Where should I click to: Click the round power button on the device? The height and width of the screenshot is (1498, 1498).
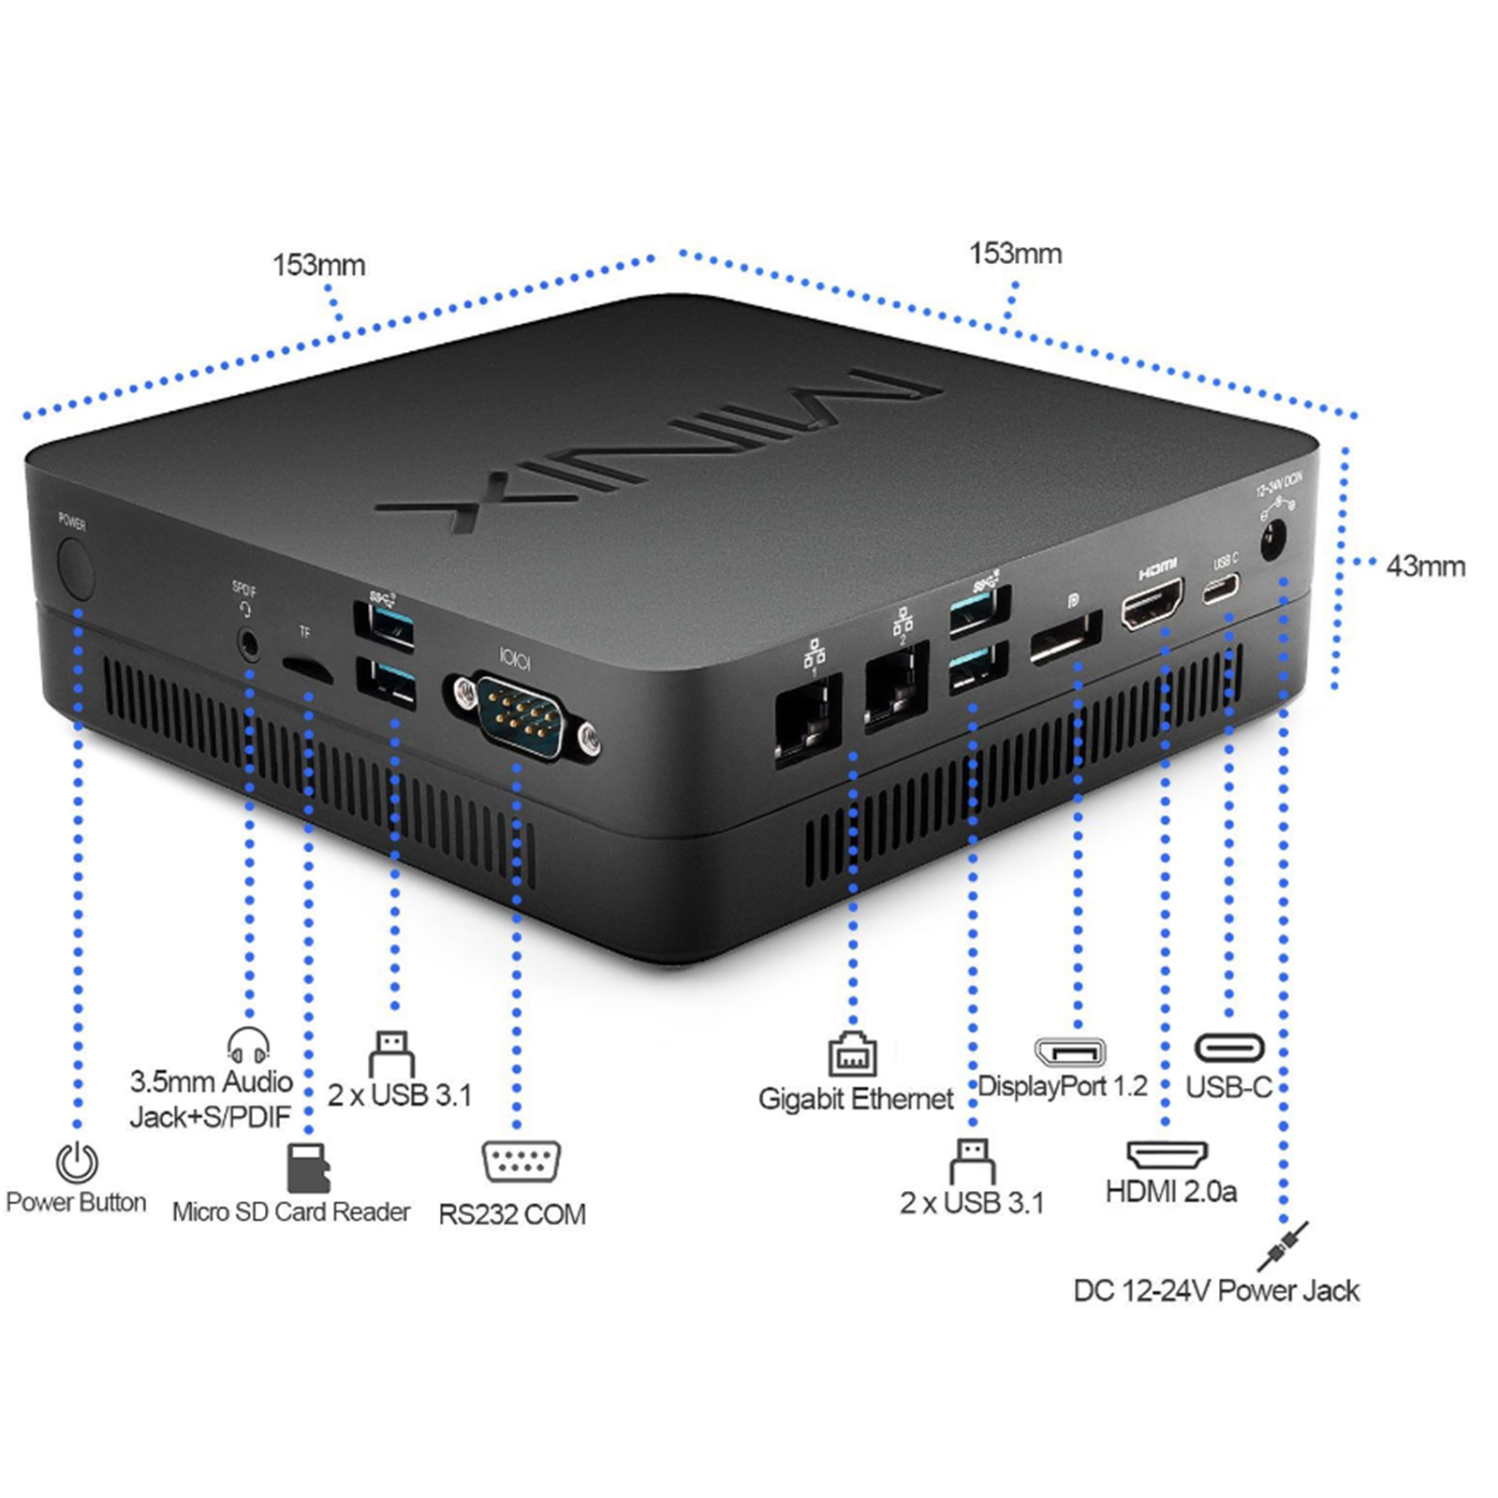[76, 571]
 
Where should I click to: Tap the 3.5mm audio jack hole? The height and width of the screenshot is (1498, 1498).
[249, 644]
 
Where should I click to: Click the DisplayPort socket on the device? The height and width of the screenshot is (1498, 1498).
[1065, 639]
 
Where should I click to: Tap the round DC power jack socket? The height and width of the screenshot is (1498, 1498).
[1272, 542]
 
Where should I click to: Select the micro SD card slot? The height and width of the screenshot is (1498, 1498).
[306, 669]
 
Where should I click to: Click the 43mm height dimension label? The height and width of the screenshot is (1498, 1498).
[1425, 566]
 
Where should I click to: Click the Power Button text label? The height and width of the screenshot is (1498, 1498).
[76, 1202]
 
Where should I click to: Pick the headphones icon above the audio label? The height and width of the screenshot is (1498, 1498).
[248, 1045]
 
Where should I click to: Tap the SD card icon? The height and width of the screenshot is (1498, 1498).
[307, 1167]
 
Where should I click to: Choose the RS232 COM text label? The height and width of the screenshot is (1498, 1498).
[512, 1214]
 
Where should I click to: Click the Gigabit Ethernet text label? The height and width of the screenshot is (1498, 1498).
[855, 1098]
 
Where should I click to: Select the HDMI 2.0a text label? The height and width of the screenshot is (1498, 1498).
[1170, 1192]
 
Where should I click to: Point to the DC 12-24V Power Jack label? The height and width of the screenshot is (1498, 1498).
[1215, 1291]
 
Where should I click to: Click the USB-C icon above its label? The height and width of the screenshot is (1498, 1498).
[1229, 1048]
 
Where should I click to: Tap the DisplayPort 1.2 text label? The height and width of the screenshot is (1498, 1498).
[1063, 1086]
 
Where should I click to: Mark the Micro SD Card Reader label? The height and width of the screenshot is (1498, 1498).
[291, 1212]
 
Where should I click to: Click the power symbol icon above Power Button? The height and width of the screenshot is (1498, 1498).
[77, 1162]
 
